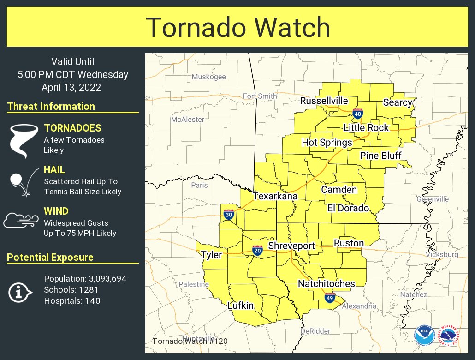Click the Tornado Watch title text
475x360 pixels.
(238, 28)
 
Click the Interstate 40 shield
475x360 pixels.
(357, 113)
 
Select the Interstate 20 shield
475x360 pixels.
(257, 251)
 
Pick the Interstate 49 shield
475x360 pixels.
(329, 298)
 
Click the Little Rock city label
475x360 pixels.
(366, 128)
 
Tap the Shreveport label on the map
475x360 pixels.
(291, 246)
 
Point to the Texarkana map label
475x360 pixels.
(275, 196)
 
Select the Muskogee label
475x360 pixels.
(208, 77)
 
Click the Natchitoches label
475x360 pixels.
(326, 283)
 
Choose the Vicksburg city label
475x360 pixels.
(442, 254)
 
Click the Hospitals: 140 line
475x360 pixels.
(72, 301)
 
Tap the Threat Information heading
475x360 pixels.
(51, 106)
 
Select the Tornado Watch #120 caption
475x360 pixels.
(190, 342)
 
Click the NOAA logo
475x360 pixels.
(424, 336)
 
